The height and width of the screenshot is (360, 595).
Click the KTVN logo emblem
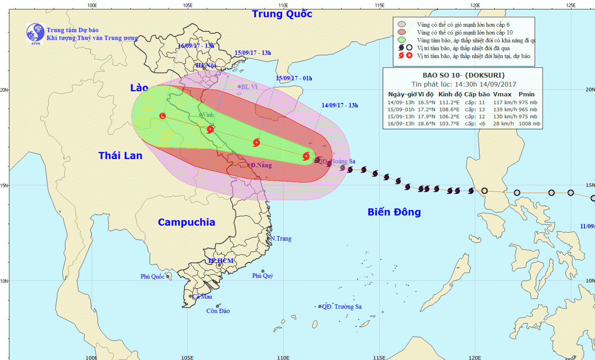coord(35,33)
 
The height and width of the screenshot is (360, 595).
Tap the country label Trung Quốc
coord(282,14)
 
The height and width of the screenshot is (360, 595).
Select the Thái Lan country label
coord(120,155)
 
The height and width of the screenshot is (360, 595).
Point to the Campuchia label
coord(186,222)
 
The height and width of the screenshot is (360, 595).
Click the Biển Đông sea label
coord(394,212)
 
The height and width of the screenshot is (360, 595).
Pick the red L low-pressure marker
coord(162,116)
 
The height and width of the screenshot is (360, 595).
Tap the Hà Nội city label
coord(206,65)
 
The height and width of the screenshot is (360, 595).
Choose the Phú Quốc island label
coord(152,276)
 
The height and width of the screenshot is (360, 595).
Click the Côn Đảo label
coord(218,311)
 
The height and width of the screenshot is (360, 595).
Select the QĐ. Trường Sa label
coord(342,306)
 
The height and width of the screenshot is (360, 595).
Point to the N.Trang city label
coord(281,238)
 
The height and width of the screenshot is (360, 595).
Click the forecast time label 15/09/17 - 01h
coord(294,78)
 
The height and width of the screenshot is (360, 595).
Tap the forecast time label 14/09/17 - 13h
coord(340,105)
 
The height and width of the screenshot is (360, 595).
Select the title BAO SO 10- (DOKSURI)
coord(463,75)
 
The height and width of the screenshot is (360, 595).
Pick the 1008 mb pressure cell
coord(529,124)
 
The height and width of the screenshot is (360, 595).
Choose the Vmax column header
coord(502,94)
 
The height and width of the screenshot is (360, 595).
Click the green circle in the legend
coord(401,40)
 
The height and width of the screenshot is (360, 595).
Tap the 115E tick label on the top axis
coord(379,5)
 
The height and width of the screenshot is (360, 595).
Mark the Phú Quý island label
coord(263,276)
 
